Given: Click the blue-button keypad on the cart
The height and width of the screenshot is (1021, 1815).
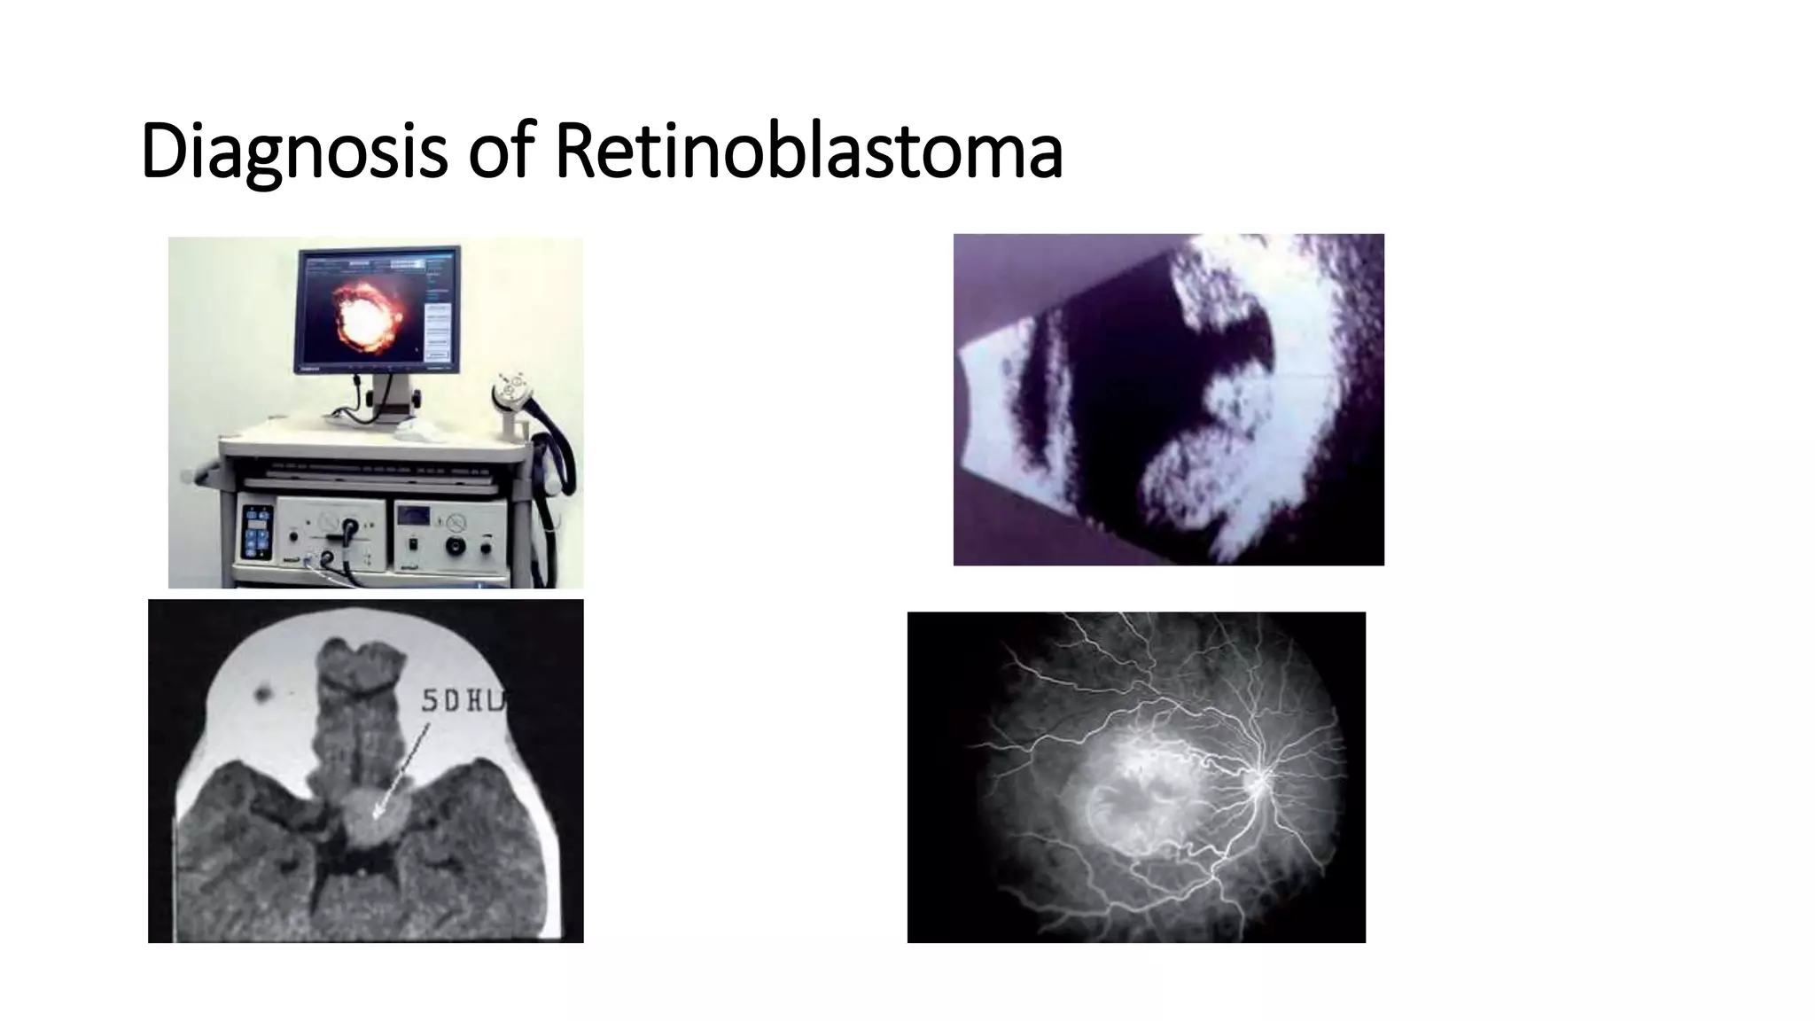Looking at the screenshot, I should pyautogui.click(x=257, y=532).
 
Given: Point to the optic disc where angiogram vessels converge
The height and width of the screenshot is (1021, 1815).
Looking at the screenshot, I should pyautogui.click(x=1258, y=782).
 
